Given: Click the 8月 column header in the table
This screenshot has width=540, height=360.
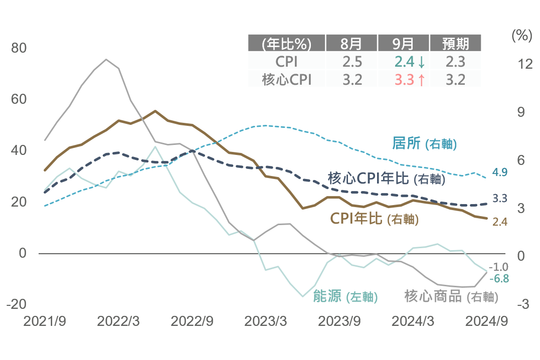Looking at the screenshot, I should point(351,44).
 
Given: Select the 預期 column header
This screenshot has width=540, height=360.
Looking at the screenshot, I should point(455,44).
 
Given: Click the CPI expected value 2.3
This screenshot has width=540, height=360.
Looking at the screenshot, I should point(455,62).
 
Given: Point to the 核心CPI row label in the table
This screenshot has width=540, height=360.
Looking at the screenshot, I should point(287,79).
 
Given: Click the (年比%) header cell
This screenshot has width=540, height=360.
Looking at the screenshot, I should point(287,44).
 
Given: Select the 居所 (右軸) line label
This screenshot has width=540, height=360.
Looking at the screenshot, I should point(424,143).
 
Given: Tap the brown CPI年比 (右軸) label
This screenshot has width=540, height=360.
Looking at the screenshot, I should point(374,219).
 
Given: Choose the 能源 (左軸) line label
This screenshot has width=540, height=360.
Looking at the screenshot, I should point(345,296).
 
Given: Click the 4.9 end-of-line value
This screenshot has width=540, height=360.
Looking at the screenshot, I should point(500,172).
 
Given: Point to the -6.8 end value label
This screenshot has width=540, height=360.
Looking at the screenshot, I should point(499,278).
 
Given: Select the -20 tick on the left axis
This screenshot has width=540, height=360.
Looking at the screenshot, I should point(16,304).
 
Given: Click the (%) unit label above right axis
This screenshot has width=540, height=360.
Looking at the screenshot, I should point(521,36).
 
